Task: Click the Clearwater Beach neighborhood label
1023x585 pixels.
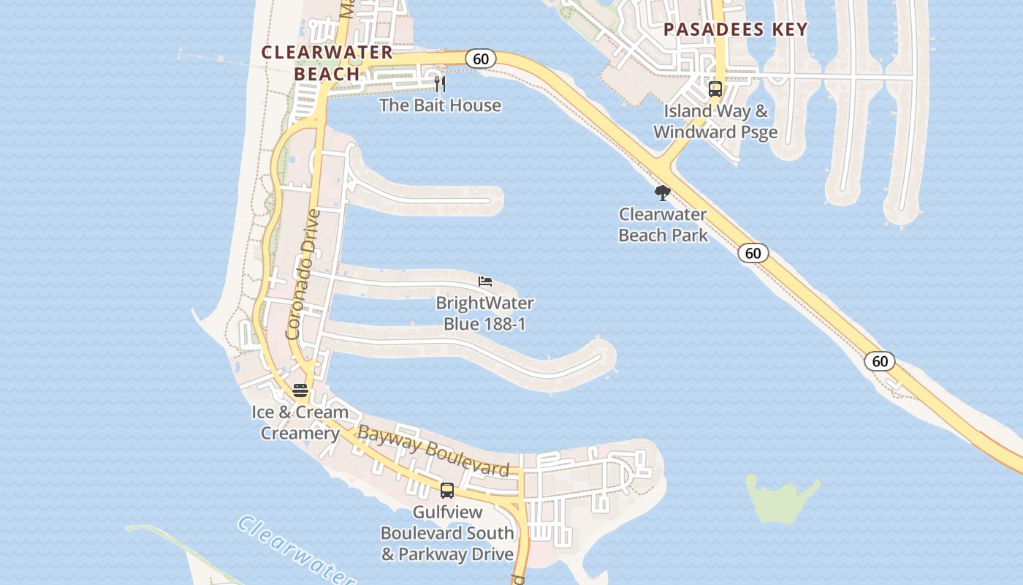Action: [x=327, y=63]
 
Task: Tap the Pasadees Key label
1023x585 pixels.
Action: [x=735, y=29]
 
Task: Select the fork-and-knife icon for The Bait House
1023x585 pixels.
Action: [x=440, y=83]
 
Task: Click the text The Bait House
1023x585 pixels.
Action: [x=440, y=105]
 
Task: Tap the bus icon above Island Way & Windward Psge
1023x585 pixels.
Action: [x=715, y=89]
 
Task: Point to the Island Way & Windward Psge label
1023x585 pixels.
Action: [x=715, y=121]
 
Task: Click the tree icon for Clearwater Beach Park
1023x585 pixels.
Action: [x=663, y=193]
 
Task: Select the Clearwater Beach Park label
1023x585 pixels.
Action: [x=663, y=224]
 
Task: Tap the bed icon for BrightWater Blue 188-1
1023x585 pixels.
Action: [x=485, y=282]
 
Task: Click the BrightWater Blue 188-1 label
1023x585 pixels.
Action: [x=484, y=313]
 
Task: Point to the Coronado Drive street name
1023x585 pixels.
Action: [x=303, y=274]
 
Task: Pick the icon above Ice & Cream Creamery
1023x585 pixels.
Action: [x=300, y=390]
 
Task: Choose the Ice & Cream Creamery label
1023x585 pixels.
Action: [x=300, y=422]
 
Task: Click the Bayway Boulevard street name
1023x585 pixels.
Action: [x=433, y=451]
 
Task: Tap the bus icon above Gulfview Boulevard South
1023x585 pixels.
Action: [x=447, y=491]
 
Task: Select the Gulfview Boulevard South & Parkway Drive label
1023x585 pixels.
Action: [x=447, y=533]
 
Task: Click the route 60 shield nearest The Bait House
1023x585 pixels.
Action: [x=481, y=59]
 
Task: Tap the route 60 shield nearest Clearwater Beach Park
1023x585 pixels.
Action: [x=753, y=253]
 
